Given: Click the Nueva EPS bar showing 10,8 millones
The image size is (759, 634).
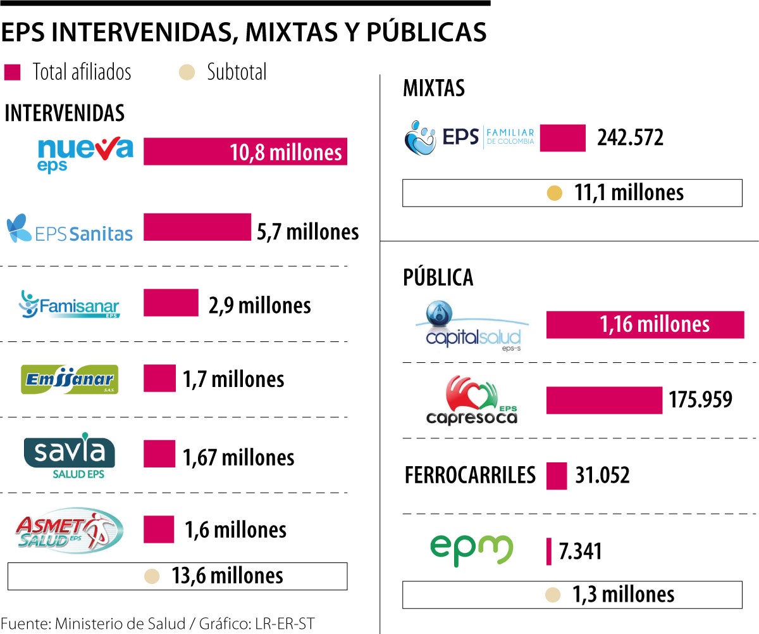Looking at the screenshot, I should (x=245, y=151).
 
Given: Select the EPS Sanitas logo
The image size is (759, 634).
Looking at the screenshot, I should (x=70, y=229).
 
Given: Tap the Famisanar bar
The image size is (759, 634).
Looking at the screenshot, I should (x=171, y=303).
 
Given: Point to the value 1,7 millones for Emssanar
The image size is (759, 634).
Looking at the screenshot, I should (x=233, y=379).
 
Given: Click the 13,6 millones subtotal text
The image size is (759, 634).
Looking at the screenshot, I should (x=227, y=576).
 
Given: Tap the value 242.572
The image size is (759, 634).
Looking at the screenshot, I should (x=630, y=137).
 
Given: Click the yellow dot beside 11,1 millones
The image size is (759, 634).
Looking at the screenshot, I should (x=555, y=193).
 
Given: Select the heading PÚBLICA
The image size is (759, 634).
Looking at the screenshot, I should (x=438, y=277).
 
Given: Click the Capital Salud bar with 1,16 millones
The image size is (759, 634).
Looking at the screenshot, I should (x=645, y=325).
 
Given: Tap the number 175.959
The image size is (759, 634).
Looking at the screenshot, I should (x=701, y=400).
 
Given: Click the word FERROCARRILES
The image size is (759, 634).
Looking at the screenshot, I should (x=470, y=474).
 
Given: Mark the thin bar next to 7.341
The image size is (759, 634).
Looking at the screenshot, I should (x=548, y=551).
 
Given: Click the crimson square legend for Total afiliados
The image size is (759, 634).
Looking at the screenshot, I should (x=13, y=72).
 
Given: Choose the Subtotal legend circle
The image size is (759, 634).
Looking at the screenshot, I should (x=186, y=72).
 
